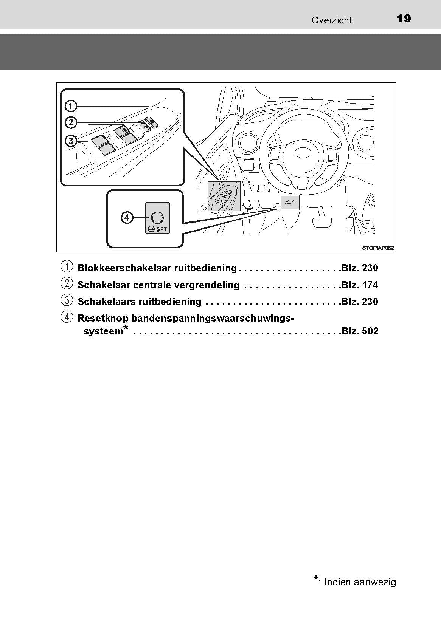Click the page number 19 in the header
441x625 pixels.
click(404, 19)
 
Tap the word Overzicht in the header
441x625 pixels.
click(332, 20)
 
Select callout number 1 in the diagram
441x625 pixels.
click(71, 106)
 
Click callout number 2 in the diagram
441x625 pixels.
click(71, 122)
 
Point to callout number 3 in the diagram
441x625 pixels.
click(71, 141)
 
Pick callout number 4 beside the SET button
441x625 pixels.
click(127, 218)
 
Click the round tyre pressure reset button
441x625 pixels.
click(157, 218)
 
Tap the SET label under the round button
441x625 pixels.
click(162, 229)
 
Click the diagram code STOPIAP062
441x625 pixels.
click(378, 248)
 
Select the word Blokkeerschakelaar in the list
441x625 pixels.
click(124, 268)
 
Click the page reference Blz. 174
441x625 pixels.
click(360, 285)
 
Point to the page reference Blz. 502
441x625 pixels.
click(360, 331)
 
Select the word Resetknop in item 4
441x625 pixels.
click(103, 319)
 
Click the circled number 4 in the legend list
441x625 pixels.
click(67, 317)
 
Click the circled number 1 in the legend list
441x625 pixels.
click(67, 266)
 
